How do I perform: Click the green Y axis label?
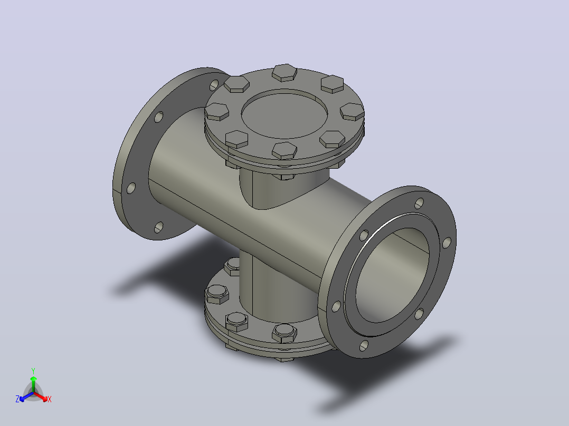(33, 371)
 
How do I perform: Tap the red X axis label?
(50, 399)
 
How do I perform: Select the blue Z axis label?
(17, 399)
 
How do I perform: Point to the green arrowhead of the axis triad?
(33, 379)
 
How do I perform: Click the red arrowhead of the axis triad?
(44, 399)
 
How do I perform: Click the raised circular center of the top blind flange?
(284, 114)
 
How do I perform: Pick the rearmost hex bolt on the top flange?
(284, 72)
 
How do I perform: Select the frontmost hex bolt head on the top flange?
(284, 150)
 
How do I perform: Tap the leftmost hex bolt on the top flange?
(216, 111)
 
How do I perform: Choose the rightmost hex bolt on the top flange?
(352, 111)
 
